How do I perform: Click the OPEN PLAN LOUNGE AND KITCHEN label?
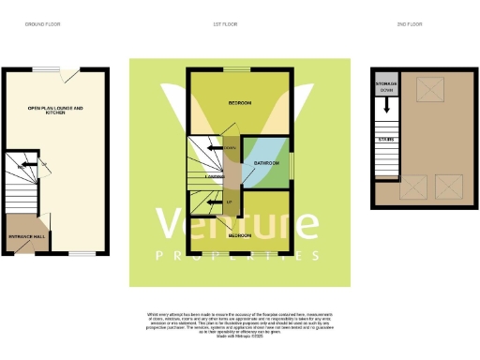[55, 111]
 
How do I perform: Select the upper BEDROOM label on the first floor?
[240, 102]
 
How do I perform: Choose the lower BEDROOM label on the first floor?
[239, 236]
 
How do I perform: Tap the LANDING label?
[215, 175]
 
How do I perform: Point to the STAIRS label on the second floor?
[385, 139]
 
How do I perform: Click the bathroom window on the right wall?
[292, 164]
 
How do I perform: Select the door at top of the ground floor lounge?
[65, 73]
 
